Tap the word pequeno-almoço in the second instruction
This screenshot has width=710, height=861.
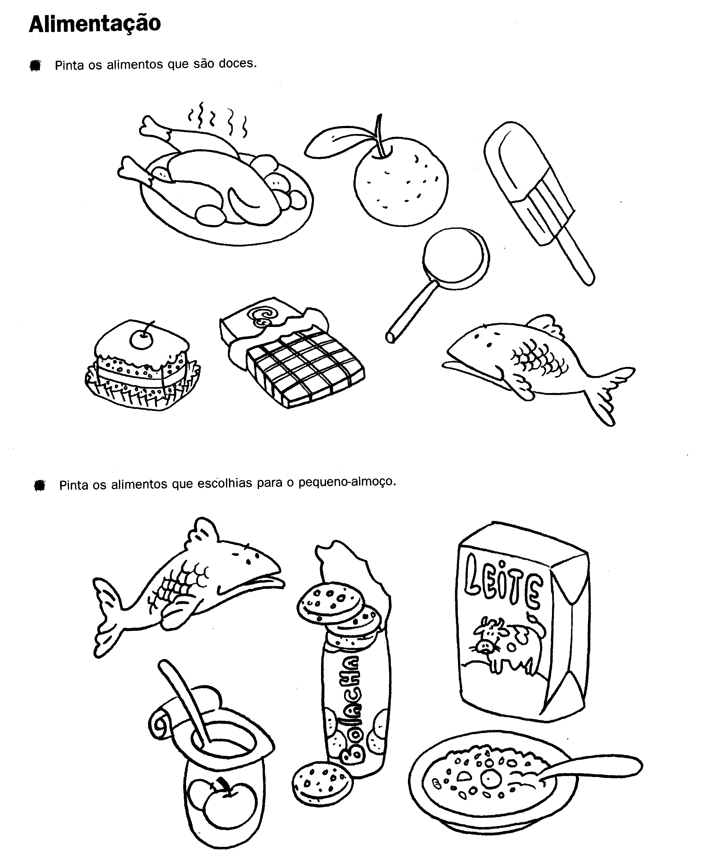click(347, 483)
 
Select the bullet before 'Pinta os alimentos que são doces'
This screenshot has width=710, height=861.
click(36, 65)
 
